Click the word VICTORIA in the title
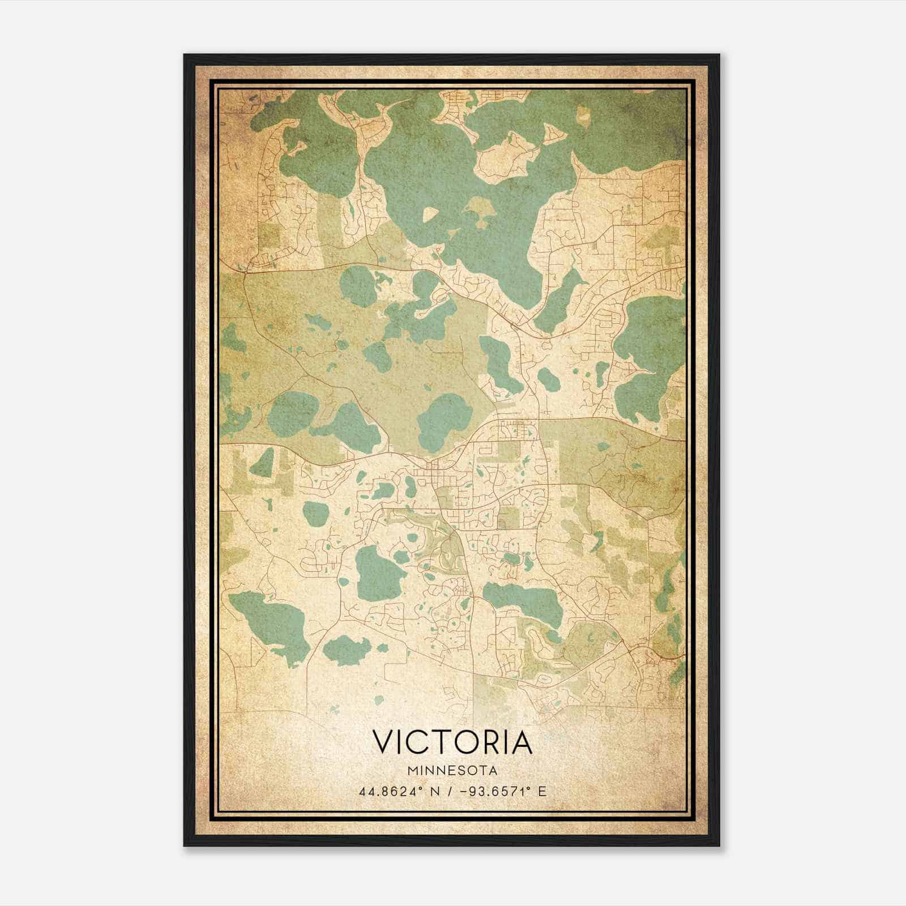pyautogui.click(x=452, y=742)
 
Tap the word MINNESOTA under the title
pyautogui.click(x=452, y=771)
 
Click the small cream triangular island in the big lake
pyautogui.click(x=430, y=214)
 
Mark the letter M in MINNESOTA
pyautogui.click(x=411, y=771)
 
